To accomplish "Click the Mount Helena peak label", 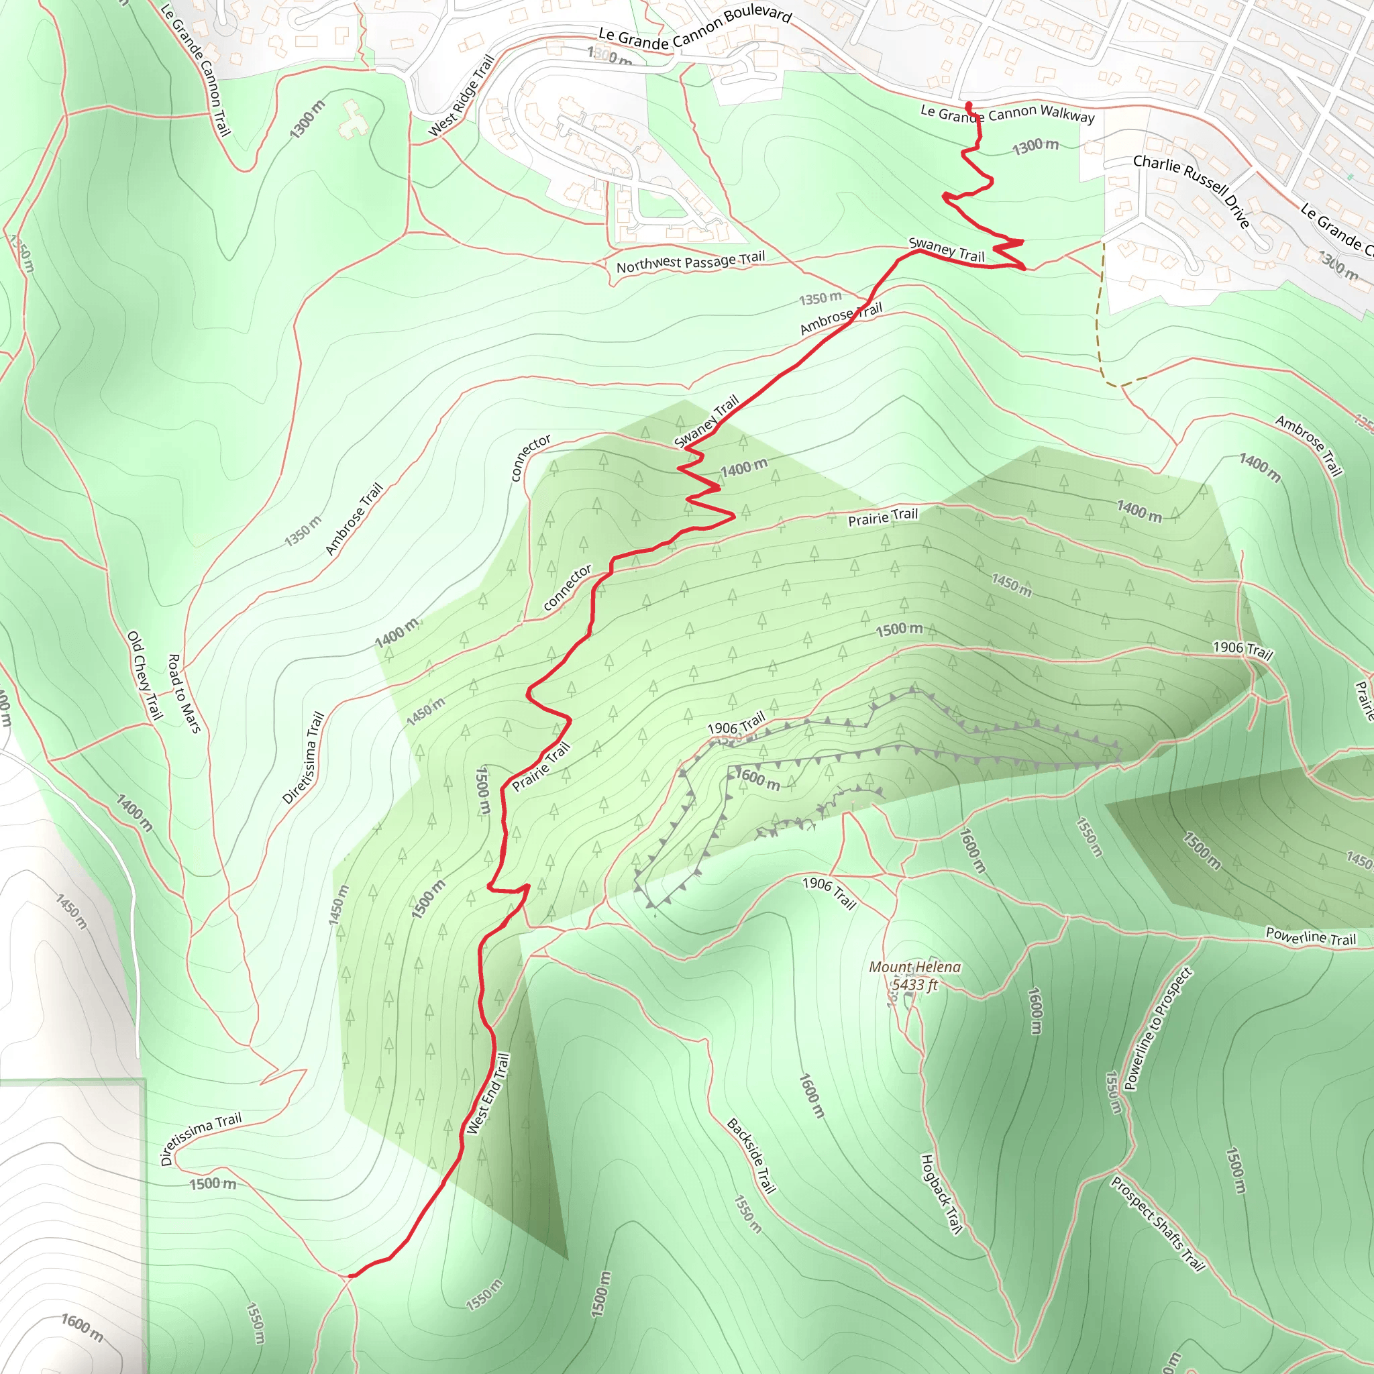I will (x=914, y=967).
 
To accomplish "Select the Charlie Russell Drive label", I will (x=1192, y=191).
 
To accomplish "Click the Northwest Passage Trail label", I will (x=690, y=262).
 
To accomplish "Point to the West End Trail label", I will (x=488, y=1094).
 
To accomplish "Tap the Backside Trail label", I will (x=751, y=1155).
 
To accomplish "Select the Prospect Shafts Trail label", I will (x=1158, y=1223).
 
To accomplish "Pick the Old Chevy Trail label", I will (x=145, y=675).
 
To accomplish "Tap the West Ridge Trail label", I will (x=462, y=96).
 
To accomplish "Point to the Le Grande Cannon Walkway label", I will (x=1007, y=113).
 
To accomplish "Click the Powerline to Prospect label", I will (x=1157, y=1028).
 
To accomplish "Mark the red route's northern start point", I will (x=969, y=106).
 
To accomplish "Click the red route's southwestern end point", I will (x=350, y=1276).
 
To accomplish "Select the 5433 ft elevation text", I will (x=914, y=985).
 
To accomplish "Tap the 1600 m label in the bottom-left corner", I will (x=82, y=1328).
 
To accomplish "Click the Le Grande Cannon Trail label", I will (x=196, y=70).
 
